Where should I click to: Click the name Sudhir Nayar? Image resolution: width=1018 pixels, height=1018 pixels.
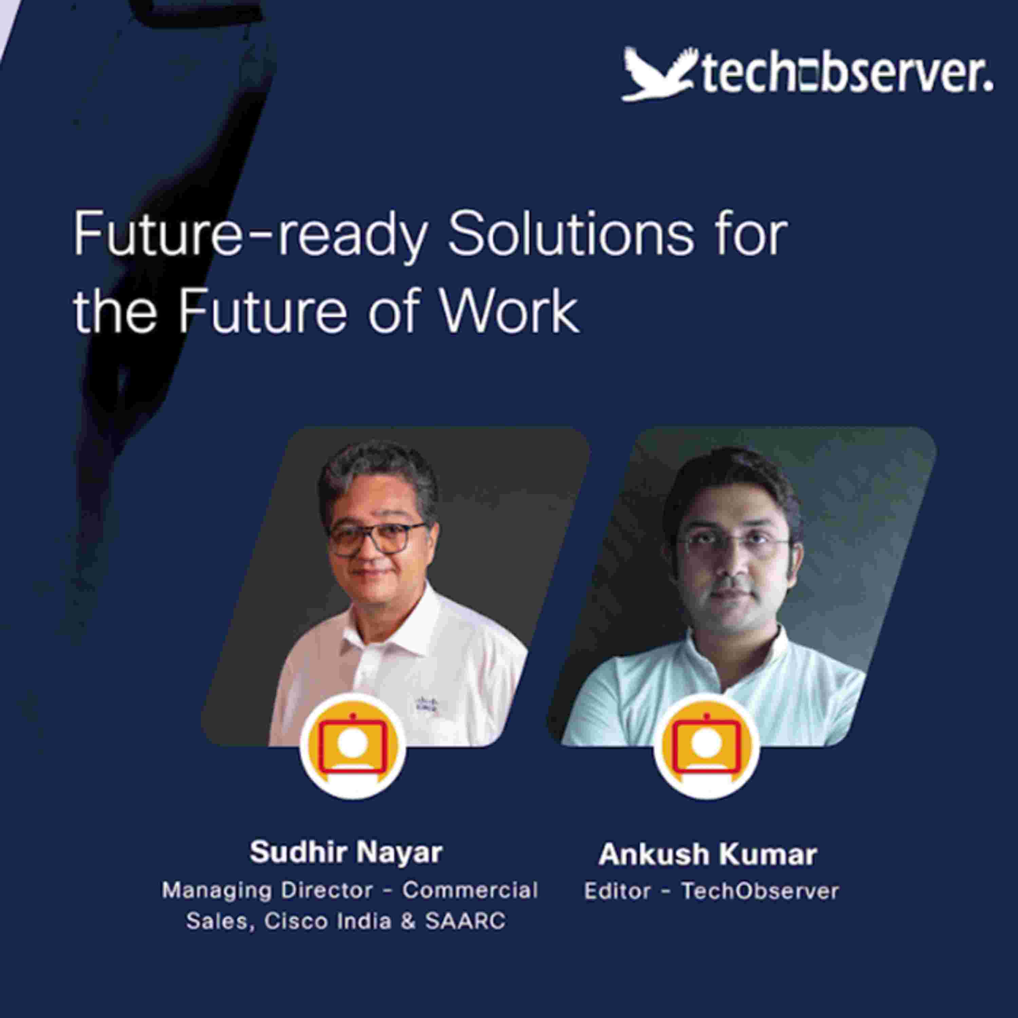coord(346,852)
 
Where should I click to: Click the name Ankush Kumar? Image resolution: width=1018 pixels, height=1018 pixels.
coord(708,854)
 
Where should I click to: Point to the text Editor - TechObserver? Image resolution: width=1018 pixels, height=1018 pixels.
coord(711,891)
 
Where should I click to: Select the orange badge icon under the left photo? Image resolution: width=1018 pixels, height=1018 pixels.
coord(353,746)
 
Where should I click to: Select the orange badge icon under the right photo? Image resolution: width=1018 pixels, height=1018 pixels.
coord(706,746)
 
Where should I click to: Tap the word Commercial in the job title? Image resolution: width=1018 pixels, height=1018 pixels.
coord(470,890)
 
